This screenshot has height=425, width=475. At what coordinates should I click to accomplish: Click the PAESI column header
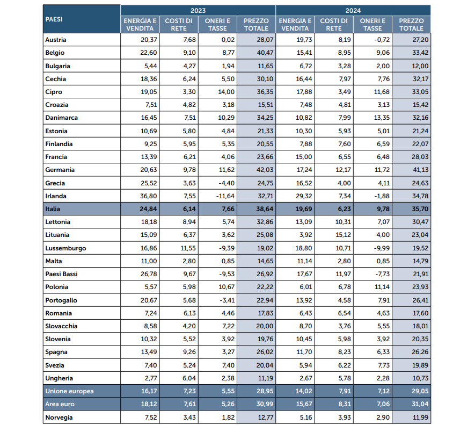(x=54, y=19)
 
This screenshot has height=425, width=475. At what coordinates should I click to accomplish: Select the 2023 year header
(x=198, y=11)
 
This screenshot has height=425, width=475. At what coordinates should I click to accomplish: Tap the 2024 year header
(x=353, y=11)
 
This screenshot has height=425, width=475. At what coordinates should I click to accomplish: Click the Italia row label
(x=53, y=209)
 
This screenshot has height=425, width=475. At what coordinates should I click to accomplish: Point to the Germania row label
(x=60, y=170)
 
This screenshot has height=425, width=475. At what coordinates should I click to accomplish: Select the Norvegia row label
(x=59, y=417)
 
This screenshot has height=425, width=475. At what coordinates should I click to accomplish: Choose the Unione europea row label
(x=69, y=391)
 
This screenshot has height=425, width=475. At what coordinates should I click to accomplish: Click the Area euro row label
(x=60, y=404)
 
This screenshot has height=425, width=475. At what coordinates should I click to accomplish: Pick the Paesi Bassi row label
(x=62, y=274)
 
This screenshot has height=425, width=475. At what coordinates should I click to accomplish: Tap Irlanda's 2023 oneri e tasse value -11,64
(x=225, y=196)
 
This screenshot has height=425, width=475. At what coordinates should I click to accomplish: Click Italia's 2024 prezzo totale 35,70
(x=420, y=209)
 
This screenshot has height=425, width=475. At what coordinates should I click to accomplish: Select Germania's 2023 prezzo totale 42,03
(x=265, y=170)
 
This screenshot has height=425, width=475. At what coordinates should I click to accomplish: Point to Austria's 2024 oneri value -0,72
(x=382, y=40)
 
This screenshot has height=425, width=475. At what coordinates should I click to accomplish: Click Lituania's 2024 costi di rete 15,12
(x=343, y=235)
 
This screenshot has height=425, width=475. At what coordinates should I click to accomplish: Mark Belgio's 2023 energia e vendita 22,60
(x=149, y=53)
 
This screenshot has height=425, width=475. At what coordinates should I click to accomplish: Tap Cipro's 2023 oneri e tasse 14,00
(x=226, y=92)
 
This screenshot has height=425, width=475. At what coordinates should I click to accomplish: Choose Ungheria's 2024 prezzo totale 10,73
(x=420, y=378)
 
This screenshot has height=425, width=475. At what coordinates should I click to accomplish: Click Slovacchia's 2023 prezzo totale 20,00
(x=265, y=326)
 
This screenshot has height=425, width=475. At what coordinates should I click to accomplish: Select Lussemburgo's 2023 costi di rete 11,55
(x=188, y=248)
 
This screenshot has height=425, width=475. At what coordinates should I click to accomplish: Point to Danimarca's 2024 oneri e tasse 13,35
(x=382, y=118)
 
